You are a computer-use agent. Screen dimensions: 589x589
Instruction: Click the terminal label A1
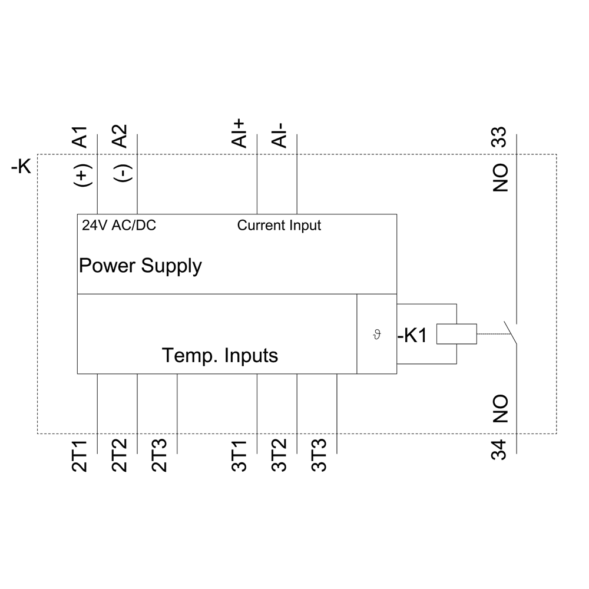coord(81,136)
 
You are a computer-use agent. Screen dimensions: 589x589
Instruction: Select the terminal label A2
coord(120,136)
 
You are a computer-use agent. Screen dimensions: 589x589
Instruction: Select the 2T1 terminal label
coord(81,456)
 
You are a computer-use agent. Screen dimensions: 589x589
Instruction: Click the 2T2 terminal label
coord(120,456)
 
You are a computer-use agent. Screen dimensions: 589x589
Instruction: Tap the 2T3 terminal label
coord(160,456)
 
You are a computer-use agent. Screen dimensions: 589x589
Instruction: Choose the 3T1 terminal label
coord(240,456)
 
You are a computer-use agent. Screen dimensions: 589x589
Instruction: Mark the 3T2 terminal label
coord(280,456)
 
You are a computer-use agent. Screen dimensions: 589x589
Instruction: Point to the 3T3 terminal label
coord(320,456)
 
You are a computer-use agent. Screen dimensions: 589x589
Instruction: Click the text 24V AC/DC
coord(119,226)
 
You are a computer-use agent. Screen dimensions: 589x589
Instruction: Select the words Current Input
coord(279,226)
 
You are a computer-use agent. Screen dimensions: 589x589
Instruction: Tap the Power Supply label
coord(140,266)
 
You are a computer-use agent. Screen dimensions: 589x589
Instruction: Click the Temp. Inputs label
coord(220,356)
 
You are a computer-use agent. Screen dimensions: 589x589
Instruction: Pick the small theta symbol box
coord(377,334)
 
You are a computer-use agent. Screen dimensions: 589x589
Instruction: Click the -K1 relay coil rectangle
coord(456,334)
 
